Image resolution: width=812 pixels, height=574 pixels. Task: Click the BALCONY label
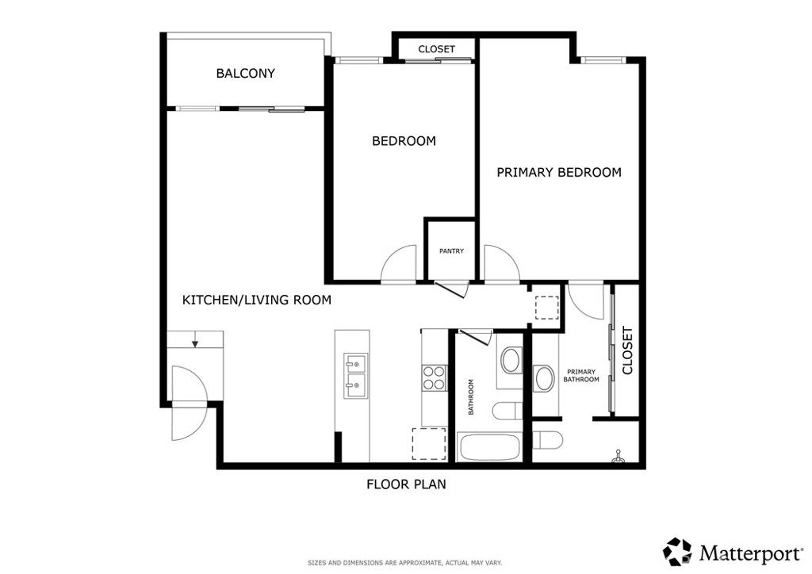click(246, 74)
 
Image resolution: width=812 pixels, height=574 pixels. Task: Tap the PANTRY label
click(451, 251)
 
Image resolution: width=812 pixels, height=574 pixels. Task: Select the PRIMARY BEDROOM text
click(559, 172)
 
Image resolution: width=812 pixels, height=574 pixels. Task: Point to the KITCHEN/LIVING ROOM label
click(257, 300)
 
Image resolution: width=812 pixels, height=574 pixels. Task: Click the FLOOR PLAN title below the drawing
click(407, 484)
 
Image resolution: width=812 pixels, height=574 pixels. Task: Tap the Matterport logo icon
click(678, 553)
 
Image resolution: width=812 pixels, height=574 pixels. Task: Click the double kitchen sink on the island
click(356, 377)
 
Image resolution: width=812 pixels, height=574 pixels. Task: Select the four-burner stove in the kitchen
click(434, 378)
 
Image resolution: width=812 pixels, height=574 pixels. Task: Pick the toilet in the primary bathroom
click(547, 441)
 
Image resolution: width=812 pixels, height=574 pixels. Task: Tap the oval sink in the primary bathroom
click(545, 378)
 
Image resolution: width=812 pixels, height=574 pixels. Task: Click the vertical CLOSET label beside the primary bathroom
click(628, 350)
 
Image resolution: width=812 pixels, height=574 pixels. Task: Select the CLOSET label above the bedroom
click(437, 49)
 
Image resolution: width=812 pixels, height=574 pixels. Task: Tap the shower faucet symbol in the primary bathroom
click(617, 457)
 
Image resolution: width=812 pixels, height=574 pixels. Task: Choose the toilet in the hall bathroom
click(507, 411)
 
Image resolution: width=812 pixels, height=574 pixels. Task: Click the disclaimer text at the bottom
click(405, 563)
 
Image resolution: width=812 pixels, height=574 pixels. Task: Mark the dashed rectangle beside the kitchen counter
click(429, 444)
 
